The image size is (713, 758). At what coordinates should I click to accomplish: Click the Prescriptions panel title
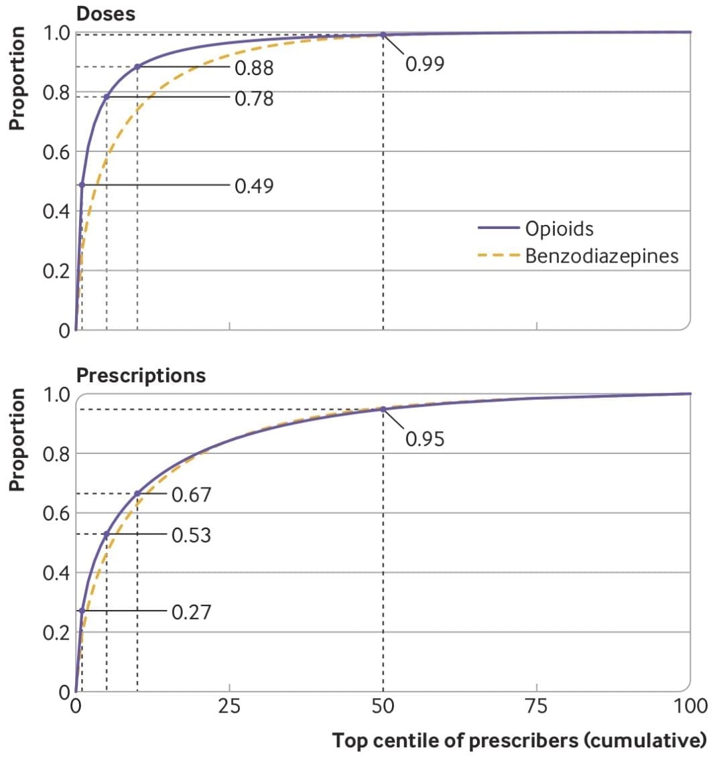coord(141,375)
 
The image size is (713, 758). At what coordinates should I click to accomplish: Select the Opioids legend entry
coord(559,228)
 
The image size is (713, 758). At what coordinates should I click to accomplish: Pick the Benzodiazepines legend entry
coord(602,256)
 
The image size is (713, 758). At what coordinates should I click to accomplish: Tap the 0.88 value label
coord(254,68)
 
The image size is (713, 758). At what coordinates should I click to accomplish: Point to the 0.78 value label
coord(254,98)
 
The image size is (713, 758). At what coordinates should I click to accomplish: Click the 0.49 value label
coord(254,185)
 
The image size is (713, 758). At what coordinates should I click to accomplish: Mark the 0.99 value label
coord(424,64)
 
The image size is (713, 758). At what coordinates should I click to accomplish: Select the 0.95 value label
coord(424,439)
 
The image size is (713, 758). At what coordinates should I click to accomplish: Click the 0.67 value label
coord(192,495)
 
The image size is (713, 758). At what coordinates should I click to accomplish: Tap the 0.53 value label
coord(192,535)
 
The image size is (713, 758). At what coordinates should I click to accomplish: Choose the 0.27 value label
coord(192,611)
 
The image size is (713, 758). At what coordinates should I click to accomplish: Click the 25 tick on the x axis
coord(229,706)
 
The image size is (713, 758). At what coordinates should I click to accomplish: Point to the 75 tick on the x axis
coord(537,706)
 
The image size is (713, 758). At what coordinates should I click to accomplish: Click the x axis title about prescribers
coord(519,741)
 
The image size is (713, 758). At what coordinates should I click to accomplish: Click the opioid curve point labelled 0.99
coord(383,35)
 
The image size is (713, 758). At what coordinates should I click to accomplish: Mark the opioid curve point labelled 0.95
coord(383,409)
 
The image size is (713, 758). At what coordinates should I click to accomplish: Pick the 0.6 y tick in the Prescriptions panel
coord(57,514)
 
